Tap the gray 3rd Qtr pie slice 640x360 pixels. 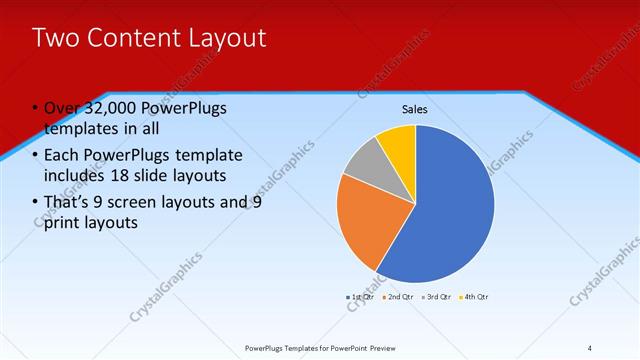tap(362, 160)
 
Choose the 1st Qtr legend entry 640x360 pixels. tap(360, 297)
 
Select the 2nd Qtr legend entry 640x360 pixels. tap(398, 297)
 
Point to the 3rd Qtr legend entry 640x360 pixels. tap(436, 297)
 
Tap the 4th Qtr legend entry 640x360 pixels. tap(473, 297)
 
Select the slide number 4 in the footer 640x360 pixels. tap(589, 348)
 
